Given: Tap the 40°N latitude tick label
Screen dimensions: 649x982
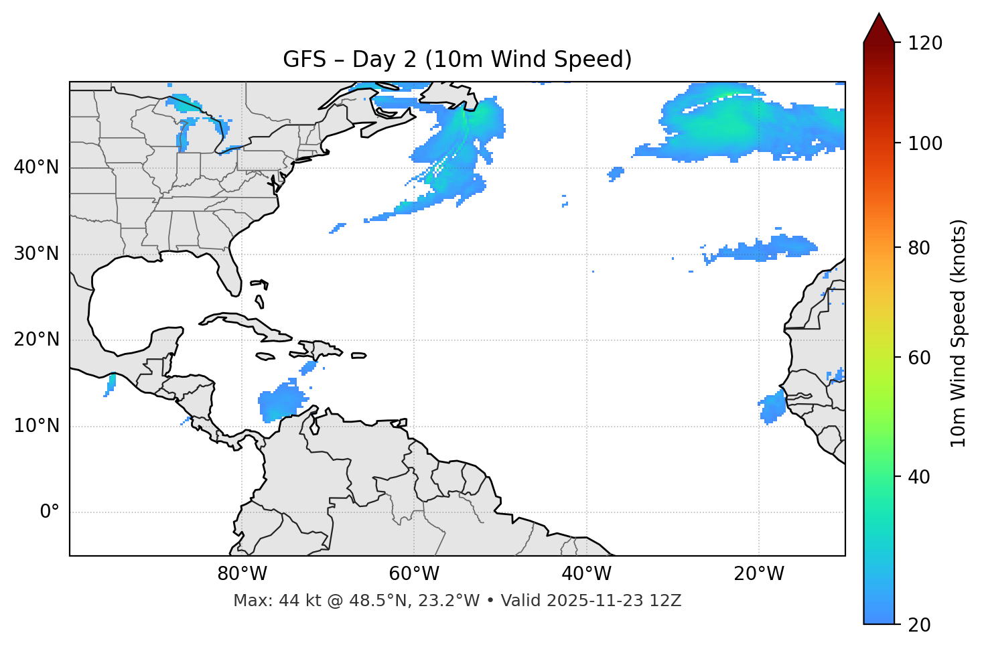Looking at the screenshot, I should point(36,167).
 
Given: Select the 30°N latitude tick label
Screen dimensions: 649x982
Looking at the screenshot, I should point(36,254).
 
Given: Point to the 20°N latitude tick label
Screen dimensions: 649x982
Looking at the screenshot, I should point(36,340).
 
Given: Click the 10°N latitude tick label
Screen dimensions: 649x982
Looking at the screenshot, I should point(36,426).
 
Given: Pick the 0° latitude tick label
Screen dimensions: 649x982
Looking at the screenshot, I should point(50,512).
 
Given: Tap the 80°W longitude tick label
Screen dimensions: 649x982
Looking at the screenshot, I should point(242,574).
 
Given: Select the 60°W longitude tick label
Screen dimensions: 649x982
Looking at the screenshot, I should point(414,574).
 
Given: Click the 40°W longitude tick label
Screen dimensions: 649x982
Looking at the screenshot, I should point(586,574).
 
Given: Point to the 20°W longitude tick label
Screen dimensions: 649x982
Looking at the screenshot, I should point(758,574).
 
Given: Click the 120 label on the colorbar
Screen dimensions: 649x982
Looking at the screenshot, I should point(925,44).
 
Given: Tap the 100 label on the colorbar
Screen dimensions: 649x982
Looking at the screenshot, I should point(925,143).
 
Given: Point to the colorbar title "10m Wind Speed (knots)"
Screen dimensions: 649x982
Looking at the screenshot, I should point(959,333).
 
